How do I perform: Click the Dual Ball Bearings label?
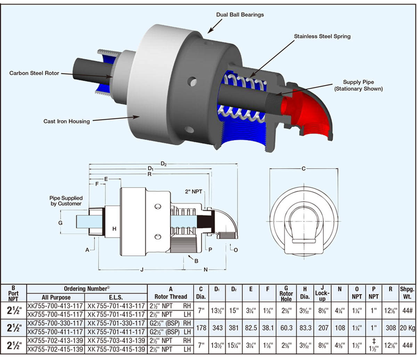tap(240, 15)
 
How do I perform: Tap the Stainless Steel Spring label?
tap(322, 36)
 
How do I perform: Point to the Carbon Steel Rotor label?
tap(34, 73)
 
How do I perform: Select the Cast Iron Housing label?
tap(66, 121)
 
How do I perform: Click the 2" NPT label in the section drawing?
tap(193, 191)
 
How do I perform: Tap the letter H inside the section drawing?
tap(114, 229)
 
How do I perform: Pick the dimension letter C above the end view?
tap(303, 169)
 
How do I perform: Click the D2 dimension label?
tap(164, 164)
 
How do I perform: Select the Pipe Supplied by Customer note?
tap(66, 201)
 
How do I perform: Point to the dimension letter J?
tap(141, 270)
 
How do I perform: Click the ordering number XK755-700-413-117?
tap(56, 306)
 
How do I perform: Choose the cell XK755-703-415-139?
tap(116, 349)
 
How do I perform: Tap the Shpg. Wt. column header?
tap(407, 293)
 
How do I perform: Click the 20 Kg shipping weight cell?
tap(407, 328)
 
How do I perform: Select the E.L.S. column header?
tap(116, 297)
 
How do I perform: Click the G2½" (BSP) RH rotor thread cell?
tap(170, 324)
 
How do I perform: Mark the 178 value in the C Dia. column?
tap(201, 328)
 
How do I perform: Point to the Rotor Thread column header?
tap(170, 296)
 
